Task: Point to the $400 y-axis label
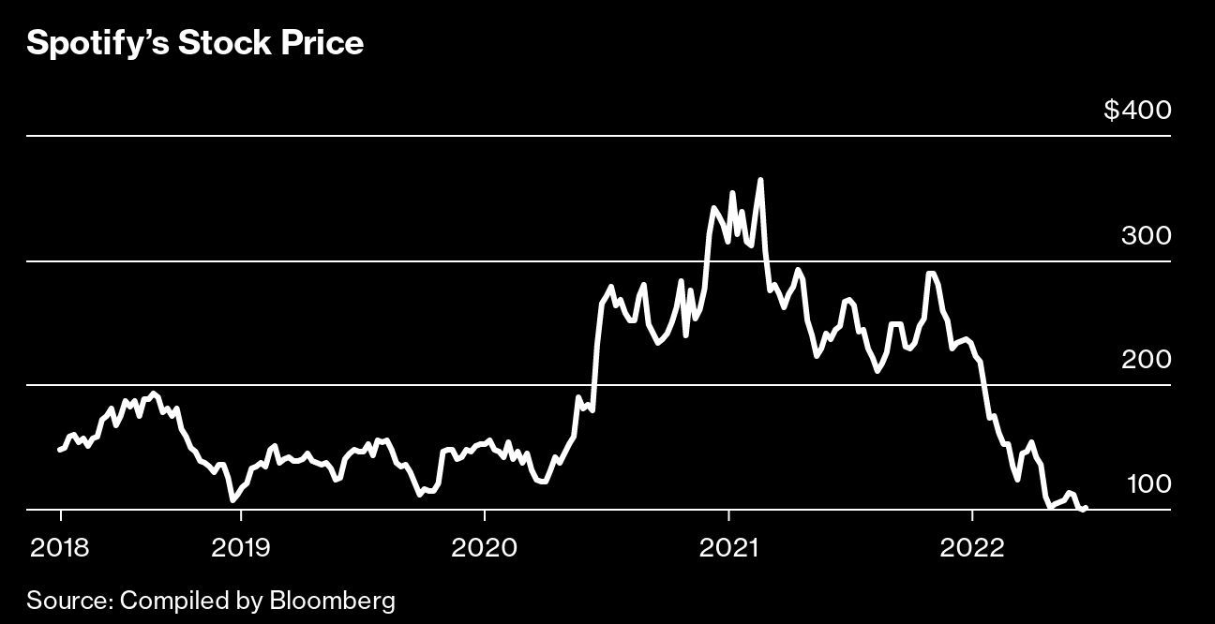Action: (1137, 111)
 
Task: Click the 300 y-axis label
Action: (1146, 235)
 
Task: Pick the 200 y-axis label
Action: (1146, 360)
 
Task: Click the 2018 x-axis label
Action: (61, 547)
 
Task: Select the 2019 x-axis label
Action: (241, 547)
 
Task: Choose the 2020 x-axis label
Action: (484, 547)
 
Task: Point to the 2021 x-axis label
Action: (728, 547)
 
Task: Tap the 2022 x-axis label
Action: (972, 547)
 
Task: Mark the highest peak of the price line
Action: (760, 179)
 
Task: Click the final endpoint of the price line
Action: (1086, 509)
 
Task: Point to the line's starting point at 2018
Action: (59, 450)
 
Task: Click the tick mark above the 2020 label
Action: (484, 515)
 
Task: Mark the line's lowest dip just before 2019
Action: (232, 500)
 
